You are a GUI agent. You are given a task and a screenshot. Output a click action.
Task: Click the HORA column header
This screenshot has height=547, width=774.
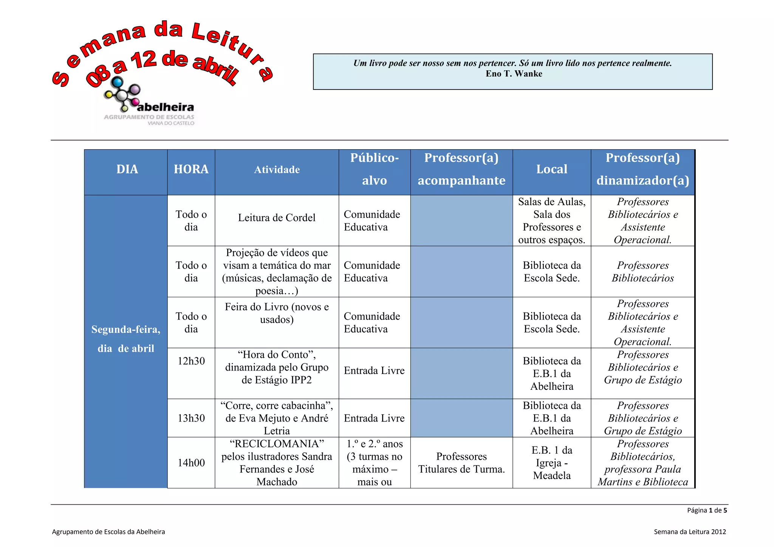tap(191, 169)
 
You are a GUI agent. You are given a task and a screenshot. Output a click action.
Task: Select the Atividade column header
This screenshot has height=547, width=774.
tap(277, 170)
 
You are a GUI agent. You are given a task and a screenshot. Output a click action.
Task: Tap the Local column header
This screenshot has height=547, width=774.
tap(552, 169)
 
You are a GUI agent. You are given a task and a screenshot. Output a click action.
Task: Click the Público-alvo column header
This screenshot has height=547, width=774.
tap(374, 169)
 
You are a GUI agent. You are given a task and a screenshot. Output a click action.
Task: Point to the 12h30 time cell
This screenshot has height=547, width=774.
tap(191, 361)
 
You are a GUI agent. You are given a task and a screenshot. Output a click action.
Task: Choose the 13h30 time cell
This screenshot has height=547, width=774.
tap(191, 418)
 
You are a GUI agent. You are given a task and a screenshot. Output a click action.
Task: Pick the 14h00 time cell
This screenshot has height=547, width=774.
tap(191, 463)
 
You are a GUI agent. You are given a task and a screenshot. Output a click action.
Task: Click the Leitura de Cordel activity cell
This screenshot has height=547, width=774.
tap(277, 218)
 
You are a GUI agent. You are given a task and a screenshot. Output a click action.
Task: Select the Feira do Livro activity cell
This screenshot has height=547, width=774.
tap(277, 313)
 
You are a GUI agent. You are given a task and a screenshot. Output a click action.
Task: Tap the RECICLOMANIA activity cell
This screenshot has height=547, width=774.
tap(277, 463)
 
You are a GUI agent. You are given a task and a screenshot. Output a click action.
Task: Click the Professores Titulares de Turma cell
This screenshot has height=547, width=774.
tap(461, 463)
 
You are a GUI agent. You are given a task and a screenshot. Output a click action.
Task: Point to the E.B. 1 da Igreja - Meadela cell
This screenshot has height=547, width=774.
tap(552, 463)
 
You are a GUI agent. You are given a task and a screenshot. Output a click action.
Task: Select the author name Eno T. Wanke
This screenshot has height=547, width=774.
tap(514, 74)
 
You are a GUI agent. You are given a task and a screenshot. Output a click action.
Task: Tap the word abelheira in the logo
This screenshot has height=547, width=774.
tap(166, 107)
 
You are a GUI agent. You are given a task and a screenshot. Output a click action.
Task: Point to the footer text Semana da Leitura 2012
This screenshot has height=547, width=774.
tap(690, 532)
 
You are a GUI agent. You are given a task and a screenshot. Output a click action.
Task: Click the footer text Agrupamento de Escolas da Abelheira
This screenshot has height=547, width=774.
tap(108, 532)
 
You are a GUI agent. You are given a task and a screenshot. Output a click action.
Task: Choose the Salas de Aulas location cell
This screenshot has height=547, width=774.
tap(552, 221)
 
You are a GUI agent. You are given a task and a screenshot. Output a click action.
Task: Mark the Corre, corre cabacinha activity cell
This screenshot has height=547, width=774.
tap(277, 418)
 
